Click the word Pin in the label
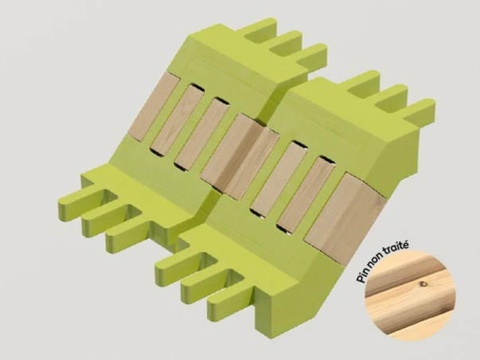tap(362, 276)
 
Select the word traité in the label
tap(395, 248)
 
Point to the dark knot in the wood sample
tap(423, 284)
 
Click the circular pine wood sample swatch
tap(411, 295)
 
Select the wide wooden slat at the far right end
tap(345, 219)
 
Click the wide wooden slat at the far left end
tap(153, 107)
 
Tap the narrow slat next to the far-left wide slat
tap(177, 119)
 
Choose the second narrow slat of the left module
tap(202, 133)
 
